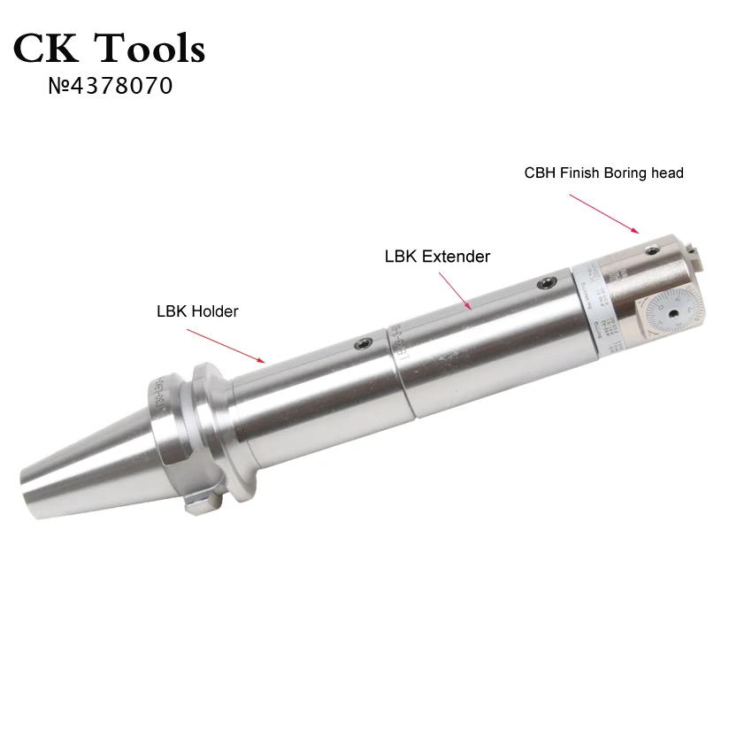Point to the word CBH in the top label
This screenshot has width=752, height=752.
(540, 173)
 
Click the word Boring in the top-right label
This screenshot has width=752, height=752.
(627, 173)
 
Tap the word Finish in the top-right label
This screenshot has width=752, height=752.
(579, 173)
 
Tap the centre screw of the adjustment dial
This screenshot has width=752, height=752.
(674, 313)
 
